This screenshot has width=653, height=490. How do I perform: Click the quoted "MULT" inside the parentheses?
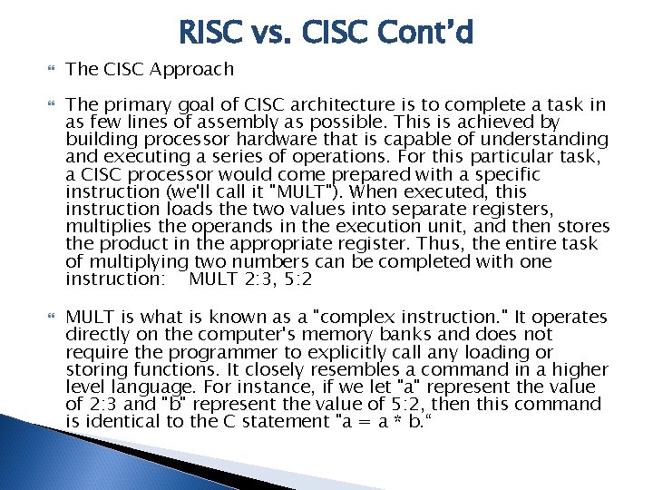288,191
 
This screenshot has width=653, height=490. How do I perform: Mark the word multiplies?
109,226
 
